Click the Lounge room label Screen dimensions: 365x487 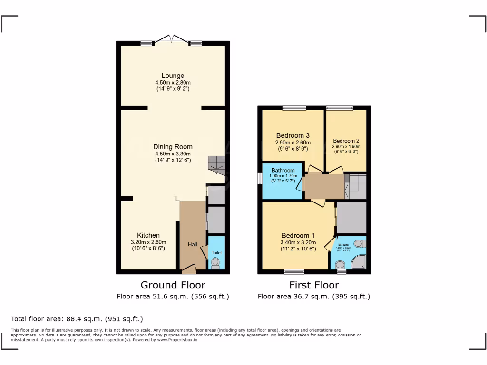(173, 76)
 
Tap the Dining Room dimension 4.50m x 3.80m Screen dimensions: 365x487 (173, 154)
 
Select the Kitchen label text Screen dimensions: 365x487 (148, 235)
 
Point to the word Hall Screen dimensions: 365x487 (193, 244)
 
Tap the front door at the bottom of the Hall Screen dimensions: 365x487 (189, 270)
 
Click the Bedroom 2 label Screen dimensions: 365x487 (346, 141)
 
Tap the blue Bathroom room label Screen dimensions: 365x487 (283, 170)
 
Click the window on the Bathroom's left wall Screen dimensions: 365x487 (260, 178)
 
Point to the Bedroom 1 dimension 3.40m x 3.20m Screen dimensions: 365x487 (298, 242)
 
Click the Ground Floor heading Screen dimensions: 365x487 (173, 285)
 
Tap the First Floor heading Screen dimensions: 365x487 (314, 285)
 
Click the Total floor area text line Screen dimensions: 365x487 (77, 319)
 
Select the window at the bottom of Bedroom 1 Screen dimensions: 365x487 (294, 272)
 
